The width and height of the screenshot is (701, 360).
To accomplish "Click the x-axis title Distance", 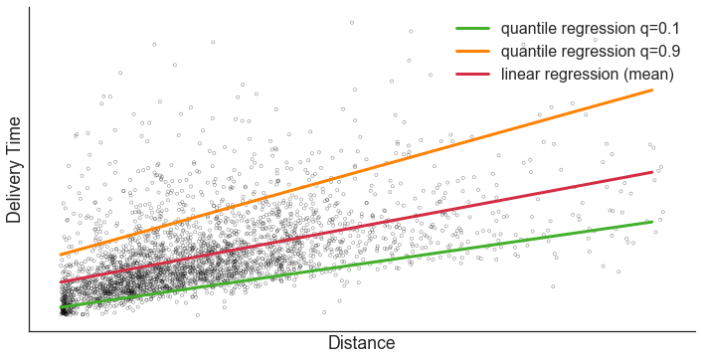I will (x=361, y=343).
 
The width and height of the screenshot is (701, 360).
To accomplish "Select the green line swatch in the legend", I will (x=472, y=28).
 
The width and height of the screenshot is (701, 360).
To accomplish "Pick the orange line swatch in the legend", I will (x=472, y=51).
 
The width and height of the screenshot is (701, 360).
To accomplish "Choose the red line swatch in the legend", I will (x=472, y=75).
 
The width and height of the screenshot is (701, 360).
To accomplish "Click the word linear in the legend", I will (x=523, y=75).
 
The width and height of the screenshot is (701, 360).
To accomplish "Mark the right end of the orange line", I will (x=652, y=90).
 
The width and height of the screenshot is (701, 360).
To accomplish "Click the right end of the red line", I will (x=652, y=172).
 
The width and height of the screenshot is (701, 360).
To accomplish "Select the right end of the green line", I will (x=652, y=222).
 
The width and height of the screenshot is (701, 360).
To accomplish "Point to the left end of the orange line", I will (x=60, y=255).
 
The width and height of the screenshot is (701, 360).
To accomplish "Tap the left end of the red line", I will (x=60, y=282).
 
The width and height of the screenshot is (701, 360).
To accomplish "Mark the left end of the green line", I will (x=60, y=308).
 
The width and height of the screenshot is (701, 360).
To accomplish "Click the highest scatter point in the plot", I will (x=351, y=21).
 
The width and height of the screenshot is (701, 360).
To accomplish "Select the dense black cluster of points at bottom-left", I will (x=65, y=310).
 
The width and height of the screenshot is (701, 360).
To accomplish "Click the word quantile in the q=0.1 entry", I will (x=530, y=28).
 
